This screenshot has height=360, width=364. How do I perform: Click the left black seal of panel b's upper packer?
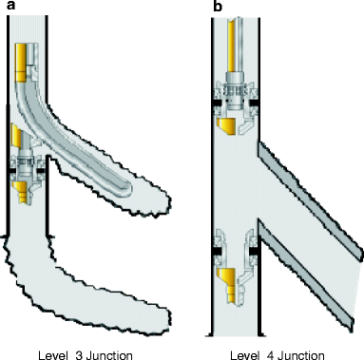(220, 101)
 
